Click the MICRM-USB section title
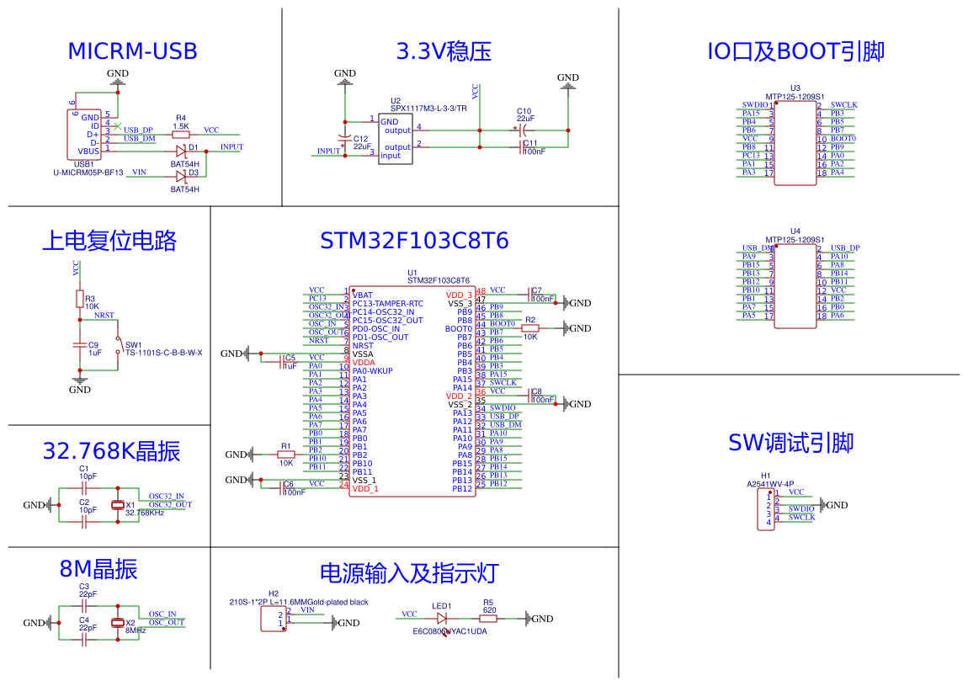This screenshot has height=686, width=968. click(x=132, y=51)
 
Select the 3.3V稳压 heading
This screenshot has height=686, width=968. click(x=444, y=51)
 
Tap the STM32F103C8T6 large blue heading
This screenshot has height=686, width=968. click(x=414, y=241)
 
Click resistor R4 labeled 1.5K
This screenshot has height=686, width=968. click(x=181, y=135)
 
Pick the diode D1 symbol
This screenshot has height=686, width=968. click(x=181, y=152)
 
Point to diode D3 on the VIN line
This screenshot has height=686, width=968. click(x=181, y=176)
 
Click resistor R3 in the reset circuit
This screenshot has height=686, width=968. click(x=80, y=298)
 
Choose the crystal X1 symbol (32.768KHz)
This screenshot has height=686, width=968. click(x=118, y=505)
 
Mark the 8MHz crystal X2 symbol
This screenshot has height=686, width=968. click(x=118, y=623)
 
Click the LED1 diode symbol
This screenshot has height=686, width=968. click(x=442, y=619)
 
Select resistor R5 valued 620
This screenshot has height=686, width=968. click(x=488, y=619)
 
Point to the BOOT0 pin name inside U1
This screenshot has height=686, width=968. click(x=459, y=329)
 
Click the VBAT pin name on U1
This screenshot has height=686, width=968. click(x=363, y=295)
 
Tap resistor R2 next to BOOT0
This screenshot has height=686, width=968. click(x=529, y=328)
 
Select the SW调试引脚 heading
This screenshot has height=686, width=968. click(x=790, y=443)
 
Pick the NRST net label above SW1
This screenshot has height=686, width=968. click(x=104, y=316)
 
